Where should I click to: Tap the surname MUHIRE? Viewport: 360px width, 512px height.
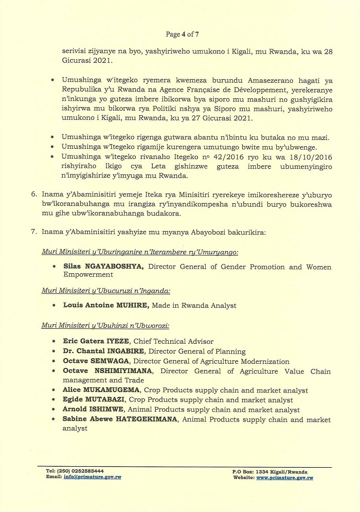click(x=132, y=305)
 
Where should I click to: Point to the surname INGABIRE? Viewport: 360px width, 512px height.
click(x=112, y=351)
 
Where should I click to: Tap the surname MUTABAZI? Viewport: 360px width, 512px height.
click(x=106, y=400)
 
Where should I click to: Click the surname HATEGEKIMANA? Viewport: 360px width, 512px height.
click(x=143, y=420)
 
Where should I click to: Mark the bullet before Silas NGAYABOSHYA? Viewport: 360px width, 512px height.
click(x=55, y=267)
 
